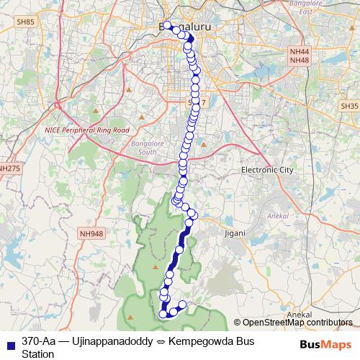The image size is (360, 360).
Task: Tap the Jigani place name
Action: click(x=235, y=233)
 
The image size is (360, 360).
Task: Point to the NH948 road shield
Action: click(x=91, y=233)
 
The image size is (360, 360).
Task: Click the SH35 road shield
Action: click(x=349, y=106)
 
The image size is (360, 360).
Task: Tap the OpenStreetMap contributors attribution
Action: click(x=296, y=323)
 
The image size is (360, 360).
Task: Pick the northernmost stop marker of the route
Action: click(x=167, y=25)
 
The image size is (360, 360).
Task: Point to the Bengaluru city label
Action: click(x=184, y=27)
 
